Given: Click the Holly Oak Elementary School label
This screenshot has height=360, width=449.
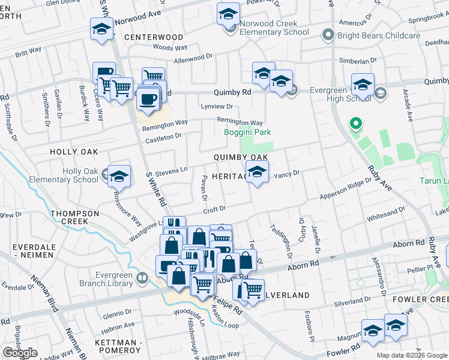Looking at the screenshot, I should click(80, 175).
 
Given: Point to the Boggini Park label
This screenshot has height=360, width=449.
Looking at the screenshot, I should click(247, 132).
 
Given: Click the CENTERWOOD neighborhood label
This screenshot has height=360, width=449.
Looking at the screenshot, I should click(154, 37).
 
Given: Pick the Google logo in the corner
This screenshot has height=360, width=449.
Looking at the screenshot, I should click(20, 353).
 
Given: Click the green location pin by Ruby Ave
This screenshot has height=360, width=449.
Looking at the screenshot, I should click(355, 125).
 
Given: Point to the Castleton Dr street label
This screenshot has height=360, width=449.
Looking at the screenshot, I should click(163, 137).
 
